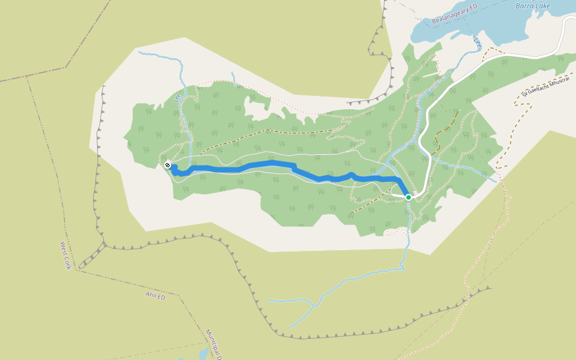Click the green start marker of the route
coord(408,197)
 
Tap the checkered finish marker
coord(167,165)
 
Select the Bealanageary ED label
coord(454,15)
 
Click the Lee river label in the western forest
coord(177,97)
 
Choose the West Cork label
coord(65,255)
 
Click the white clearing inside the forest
coord(258,108)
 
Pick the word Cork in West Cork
coord(68,261)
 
